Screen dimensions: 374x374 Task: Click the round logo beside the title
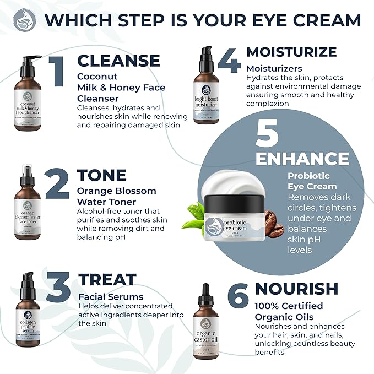[25, 20]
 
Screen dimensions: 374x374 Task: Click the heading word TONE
[102, 175]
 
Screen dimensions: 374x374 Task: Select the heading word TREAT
[107, 279]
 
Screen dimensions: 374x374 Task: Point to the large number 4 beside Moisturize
[229, 61]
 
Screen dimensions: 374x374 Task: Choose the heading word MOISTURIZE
[291, 52]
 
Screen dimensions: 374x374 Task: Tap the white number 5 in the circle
[268, 134]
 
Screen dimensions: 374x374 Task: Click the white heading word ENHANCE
[302, 159]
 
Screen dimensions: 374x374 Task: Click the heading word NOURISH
[296, 289]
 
